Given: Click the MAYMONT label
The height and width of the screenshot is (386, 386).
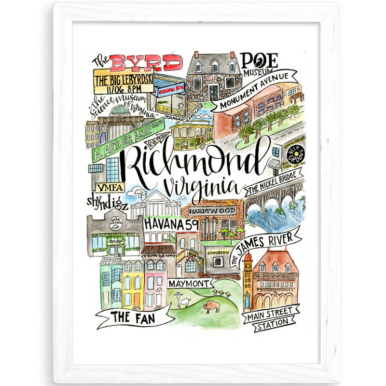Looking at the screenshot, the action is [x=189, y=283].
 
